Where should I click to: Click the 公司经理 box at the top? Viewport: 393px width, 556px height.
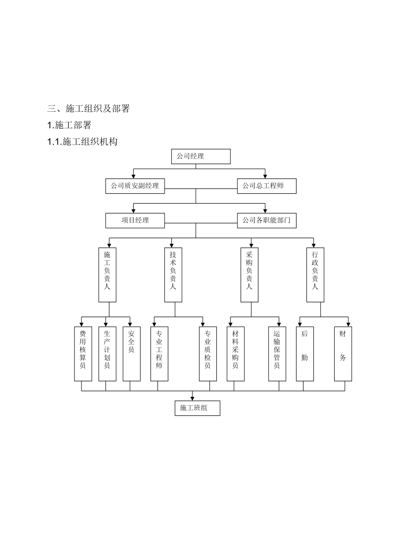tap(201, 156)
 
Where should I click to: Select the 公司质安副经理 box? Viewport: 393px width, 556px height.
tap(135, 186)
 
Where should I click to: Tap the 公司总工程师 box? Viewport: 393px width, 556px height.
tap(266, 186)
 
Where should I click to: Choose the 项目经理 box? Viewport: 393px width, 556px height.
tap(135, 220)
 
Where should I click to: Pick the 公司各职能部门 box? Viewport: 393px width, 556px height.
tap(266, 220)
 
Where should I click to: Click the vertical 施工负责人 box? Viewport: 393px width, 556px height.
tap(107, 275)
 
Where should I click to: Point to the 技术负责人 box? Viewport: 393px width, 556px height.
tap(173, 275)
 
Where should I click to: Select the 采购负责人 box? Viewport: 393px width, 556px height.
tap(249, 275)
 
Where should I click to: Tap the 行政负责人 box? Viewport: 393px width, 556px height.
tap(315, 275)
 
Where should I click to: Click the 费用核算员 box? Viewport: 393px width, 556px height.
tap(83, 354)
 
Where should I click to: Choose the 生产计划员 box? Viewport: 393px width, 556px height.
tap(107, 354)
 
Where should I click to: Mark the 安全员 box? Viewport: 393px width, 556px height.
tap(131, 354)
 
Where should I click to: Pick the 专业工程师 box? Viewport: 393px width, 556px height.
tap(159, 354)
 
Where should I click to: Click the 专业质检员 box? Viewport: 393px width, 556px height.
tap(208, 354)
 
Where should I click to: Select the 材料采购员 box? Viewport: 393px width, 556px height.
tap(235, 354)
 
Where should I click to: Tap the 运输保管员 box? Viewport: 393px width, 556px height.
tap(277, 354)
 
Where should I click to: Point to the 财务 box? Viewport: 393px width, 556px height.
tap(343, 354)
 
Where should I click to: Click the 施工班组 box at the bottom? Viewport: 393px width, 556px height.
tap(197, 408)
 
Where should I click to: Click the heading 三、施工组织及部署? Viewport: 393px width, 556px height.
tap(89, 108)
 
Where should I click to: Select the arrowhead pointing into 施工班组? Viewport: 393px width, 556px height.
tap(192, 398)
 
